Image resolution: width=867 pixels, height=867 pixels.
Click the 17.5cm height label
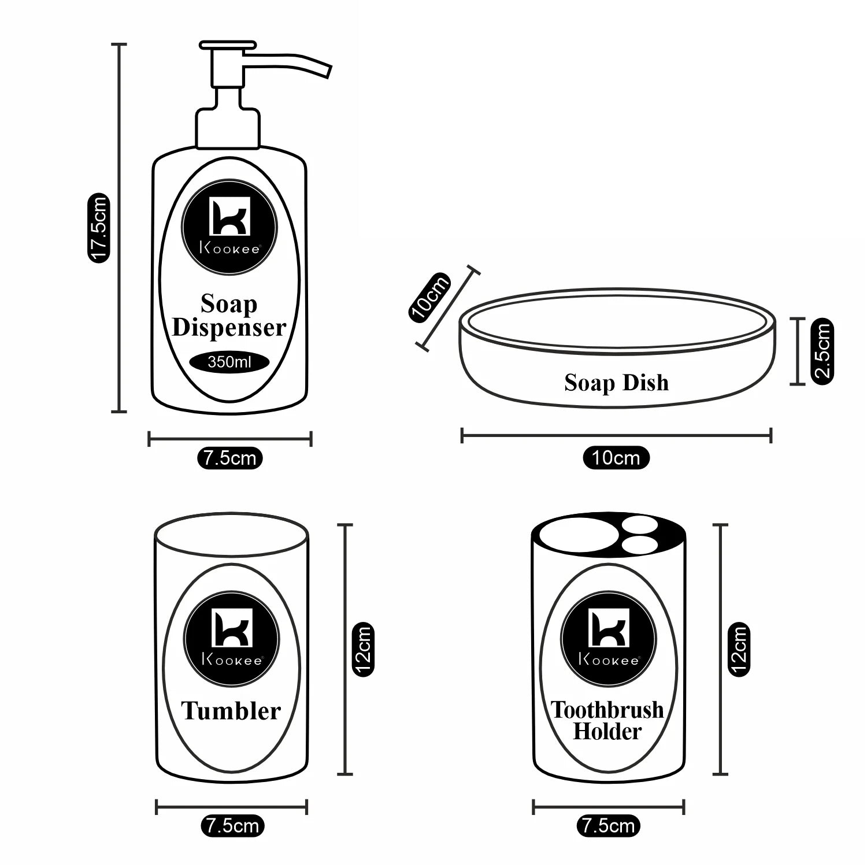[x=97, y=228]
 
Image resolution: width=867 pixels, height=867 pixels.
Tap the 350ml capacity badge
[x=229, y=362]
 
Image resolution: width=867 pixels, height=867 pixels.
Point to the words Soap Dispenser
[x=229, y=316]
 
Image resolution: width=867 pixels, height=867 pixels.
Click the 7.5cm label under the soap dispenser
[x=230, y=458]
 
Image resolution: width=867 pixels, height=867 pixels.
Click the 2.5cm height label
[x=822, y=351]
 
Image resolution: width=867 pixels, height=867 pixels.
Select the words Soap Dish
[x=616, y=383]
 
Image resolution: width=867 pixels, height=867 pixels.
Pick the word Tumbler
[x=231, y=710]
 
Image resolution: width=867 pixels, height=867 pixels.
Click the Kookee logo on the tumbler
[x=232, y=639]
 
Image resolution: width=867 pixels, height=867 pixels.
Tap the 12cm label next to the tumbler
[x=363, y=649]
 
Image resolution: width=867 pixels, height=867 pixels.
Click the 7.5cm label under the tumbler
[x=232, y=825]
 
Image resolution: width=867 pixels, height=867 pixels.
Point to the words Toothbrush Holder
[x=607, y=720]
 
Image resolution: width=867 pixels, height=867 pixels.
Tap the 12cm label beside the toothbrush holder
[x=739, y=649]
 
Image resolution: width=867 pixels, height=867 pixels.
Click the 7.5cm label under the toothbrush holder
[x=609, y=825]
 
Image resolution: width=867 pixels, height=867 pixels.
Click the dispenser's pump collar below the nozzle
[x=228, y=128]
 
